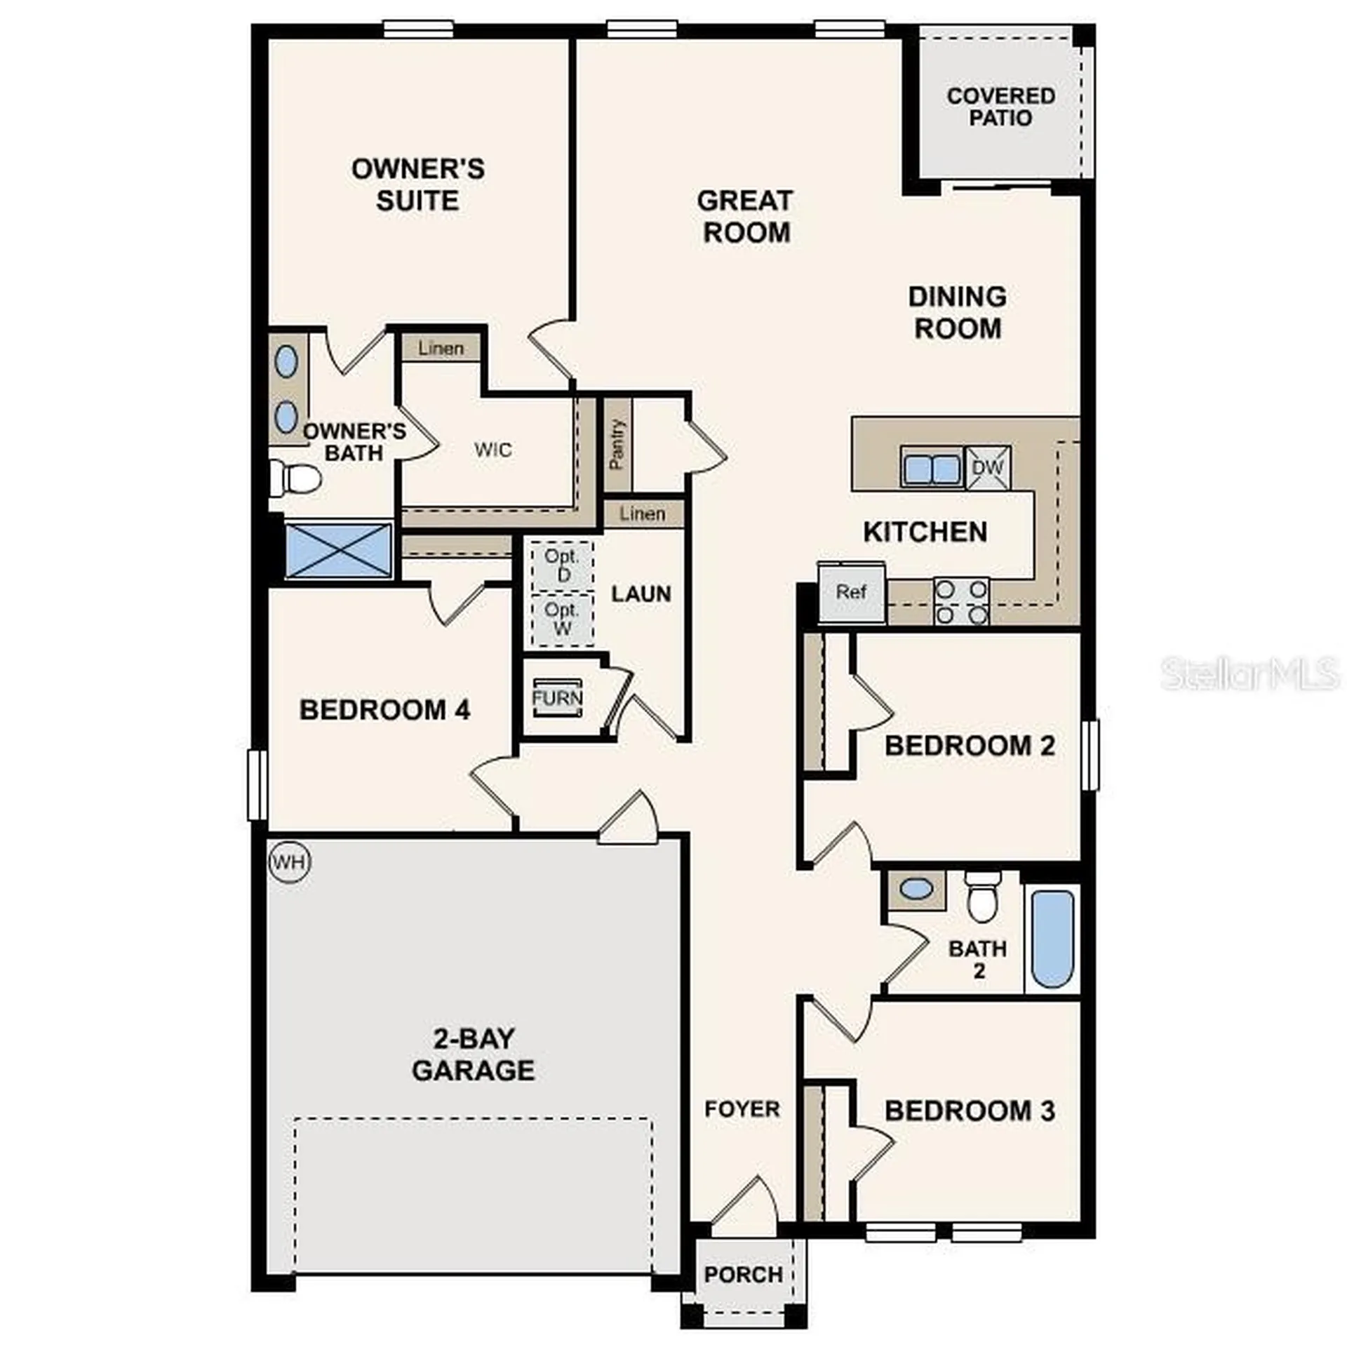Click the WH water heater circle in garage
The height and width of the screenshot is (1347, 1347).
289,862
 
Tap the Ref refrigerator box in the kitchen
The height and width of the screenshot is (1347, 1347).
851,593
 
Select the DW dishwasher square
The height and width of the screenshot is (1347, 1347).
988,467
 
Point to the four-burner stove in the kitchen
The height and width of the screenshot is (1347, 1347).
961,601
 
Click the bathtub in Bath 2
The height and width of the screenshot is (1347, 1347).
1052,939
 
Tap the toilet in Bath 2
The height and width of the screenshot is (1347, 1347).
981,899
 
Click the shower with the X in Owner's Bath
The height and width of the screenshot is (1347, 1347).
339,550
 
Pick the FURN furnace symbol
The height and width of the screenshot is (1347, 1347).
557,698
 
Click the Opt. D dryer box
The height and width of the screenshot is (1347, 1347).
562,565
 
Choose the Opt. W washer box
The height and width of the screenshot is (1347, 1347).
562,619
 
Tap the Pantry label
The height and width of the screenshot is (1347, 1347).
617,444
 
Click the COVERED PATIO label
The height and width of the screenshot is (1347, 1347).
1000,107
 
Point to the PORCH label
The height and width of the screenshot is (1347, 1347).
743,1274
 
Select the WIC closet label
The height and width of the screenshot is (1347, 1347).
492,450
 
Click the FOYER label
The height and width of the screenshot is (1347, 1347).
742,1109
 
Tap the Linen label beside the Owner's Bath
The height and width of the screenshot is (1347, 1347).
441,348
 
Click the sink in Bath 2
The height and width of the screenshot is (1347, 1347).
916,890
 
